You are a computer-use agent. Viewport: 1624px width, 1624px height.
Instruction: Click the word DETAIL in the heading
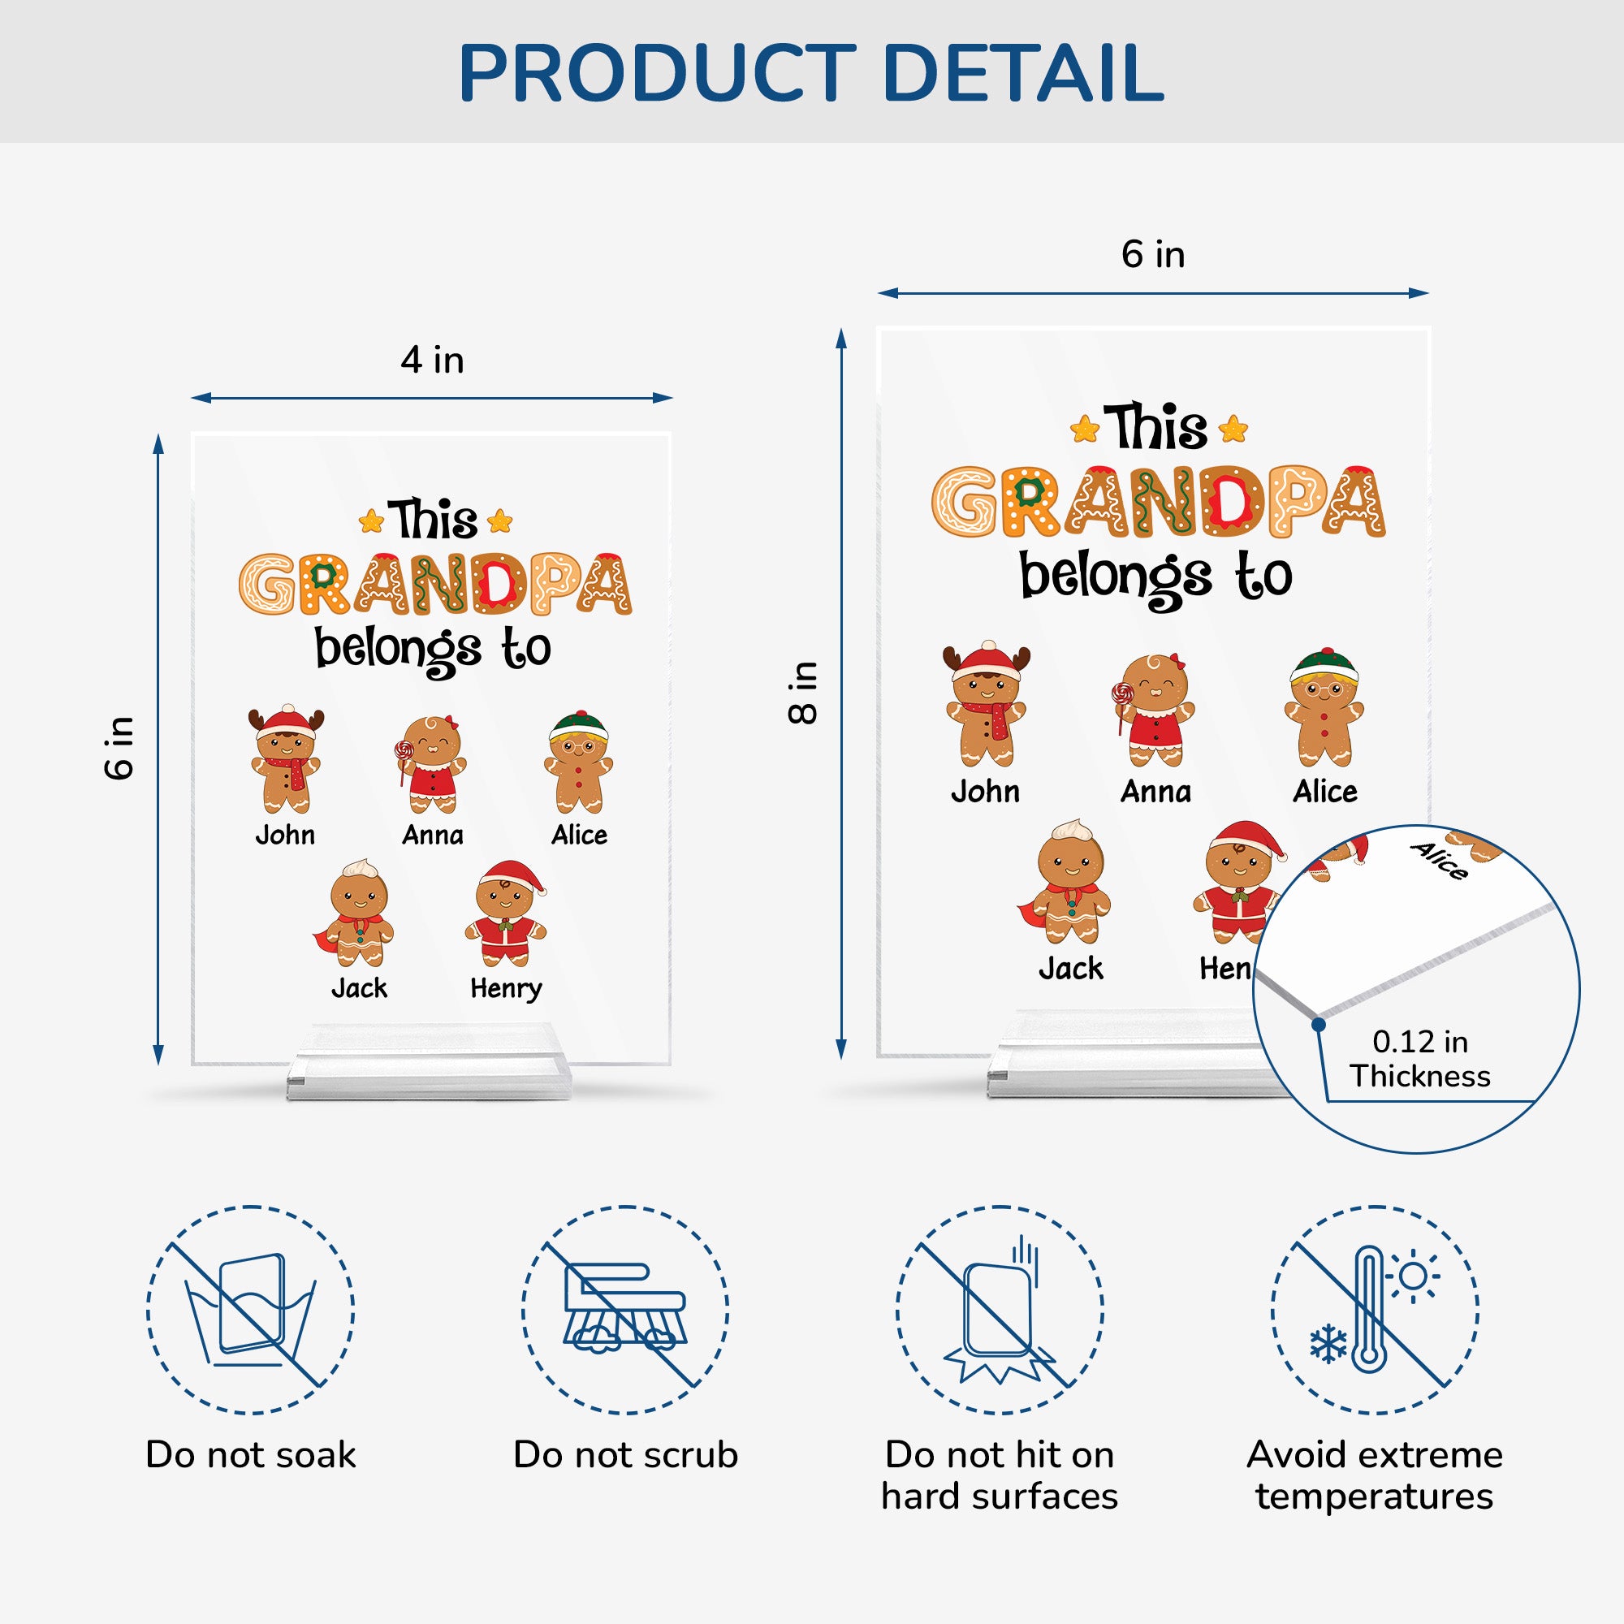1023,72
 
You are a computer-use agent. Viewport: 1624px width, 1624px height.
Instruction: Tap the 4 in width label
432,360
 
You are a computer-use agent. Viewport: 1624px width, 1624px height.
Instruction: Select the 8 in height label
803,693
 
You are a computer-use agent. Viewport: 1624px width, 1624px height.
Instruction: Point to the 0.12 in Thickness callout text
1419,1058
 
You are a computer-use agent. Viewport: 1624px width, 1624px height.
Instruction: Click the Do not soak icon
250,1310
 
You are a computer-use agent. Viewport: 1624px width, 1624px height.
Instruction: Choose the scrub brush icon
624,1310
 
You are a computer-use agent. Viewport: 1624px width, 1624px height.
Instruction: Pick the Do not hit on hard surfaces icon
1000,1310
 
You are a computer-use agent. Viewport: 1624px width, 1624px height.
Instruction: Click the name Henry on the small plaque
506,988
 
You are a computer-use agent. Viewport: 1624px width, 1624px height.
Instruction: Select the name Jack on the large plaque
1071,969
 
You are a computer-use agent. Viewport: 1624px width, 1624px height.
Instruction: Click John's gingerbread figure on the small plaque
286,759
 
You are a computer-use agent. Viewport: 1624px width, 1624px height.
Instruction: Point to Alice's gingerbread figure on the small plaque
578,762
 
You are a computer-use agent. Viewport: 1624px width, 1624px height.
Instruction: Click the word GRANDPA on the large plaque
1159,502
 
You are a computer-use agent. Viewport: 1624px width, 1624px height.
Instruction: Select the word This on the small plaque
433,519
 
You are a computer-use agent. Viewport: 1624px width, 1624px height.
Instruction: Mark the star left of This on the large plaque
1085,430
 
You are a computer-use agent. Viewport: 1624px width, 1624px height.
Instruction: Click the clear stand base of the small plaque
430,1060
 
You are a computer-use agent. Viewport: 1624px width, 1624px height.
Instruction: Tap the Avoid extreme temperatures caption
1375,1475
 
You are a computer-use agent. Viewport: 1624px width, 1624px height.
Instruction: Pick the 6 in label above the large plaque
1152,254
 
